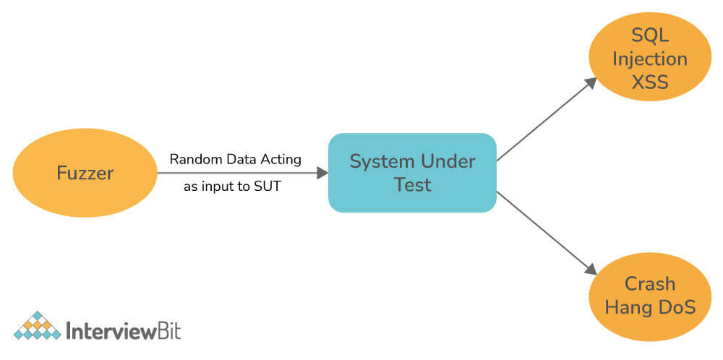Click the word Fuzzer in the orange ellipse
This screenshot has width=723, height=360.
click(x=85, y=173)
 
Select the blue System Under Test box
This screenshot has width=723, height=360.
click(x=412, y=173)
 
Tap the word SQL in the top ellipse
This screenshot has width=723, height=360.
click(x=650, y=35)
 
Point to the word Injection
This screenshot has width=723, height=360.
click(x=650, y=59)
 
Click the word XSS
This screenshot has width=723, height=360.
click(x=650, y=82)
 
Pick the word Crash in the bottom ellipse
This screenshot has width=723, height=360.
click(x=650, y=284)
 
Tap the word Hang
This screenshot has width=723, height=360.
click(x=625, y=307)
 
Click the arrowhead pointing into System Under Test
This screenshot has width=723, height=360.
click(x=322, y=173)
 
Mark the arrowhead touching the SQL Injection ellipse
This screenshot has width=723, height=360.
click(x=590, y=83)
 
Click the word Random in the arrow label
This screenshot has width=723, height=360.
click(x=196, y=160)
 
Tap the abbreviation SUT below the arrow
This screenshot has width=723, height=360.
click(x=267, y=188)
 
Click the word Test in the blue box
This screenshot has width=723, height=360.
click(x=412, y=185)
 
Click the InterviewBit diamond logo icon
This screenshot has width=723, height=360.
click(x=38, y=325)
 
